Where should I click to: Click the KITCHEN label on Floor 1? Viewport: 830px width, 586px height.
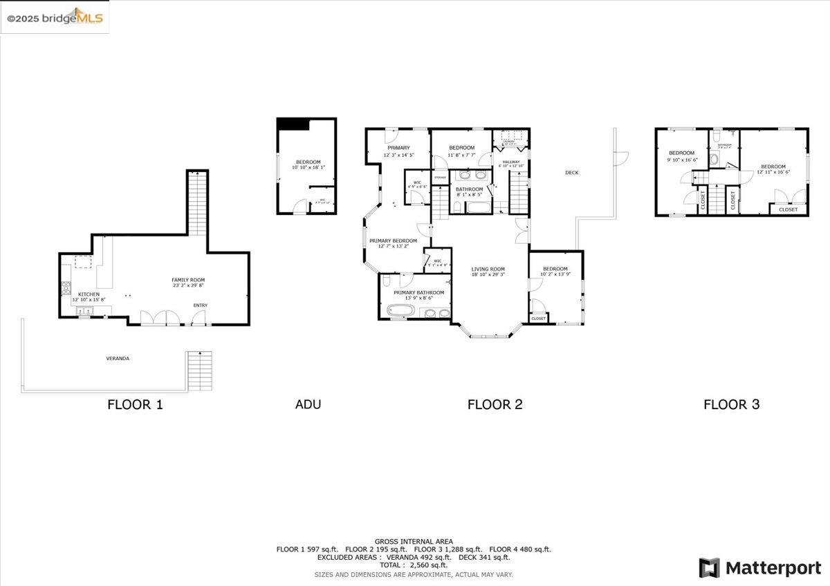click(x=89, y=294)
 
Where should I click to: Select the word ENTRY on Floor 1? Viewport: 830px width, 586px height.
click(x=201, y=305)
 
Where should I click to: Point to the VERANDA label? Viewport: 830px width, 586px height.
click(x=118, y=358)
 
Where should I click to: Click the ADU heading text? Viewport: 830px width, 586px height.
click(x=308, y=404)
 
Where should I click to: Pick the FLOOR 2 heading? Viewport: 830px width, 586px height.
click(x=495, y=404)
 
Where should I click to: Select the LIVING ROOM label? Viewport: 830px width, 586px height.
click(x=488, y=269)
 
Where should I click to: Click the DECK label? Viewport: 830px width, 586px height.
click(x=571, y=173)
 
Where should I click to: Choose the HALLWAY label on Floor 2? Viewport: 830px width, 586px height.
click(x=510, y=162)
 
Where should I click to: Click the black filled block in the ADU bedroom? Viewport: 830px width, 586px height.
click(x=293, y=123)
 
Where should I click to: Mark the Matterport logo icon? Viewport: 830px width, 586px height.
click(x=709, y=568)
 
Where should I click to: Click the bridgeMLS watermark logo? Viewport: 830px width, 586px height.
click(x=55, y=18)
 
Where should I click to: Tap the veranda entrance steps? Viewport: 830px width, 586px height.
click(x=200, y=370)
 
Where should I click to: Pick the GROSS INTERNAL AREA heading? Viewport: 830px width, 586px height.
click(x=414, y=541)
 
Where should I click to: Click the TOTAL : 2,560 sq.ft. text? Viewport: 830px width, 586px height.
click(x=414, y=565)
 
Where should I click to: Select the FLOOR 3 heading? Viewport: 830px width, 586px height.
click(x=731, y=404)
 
